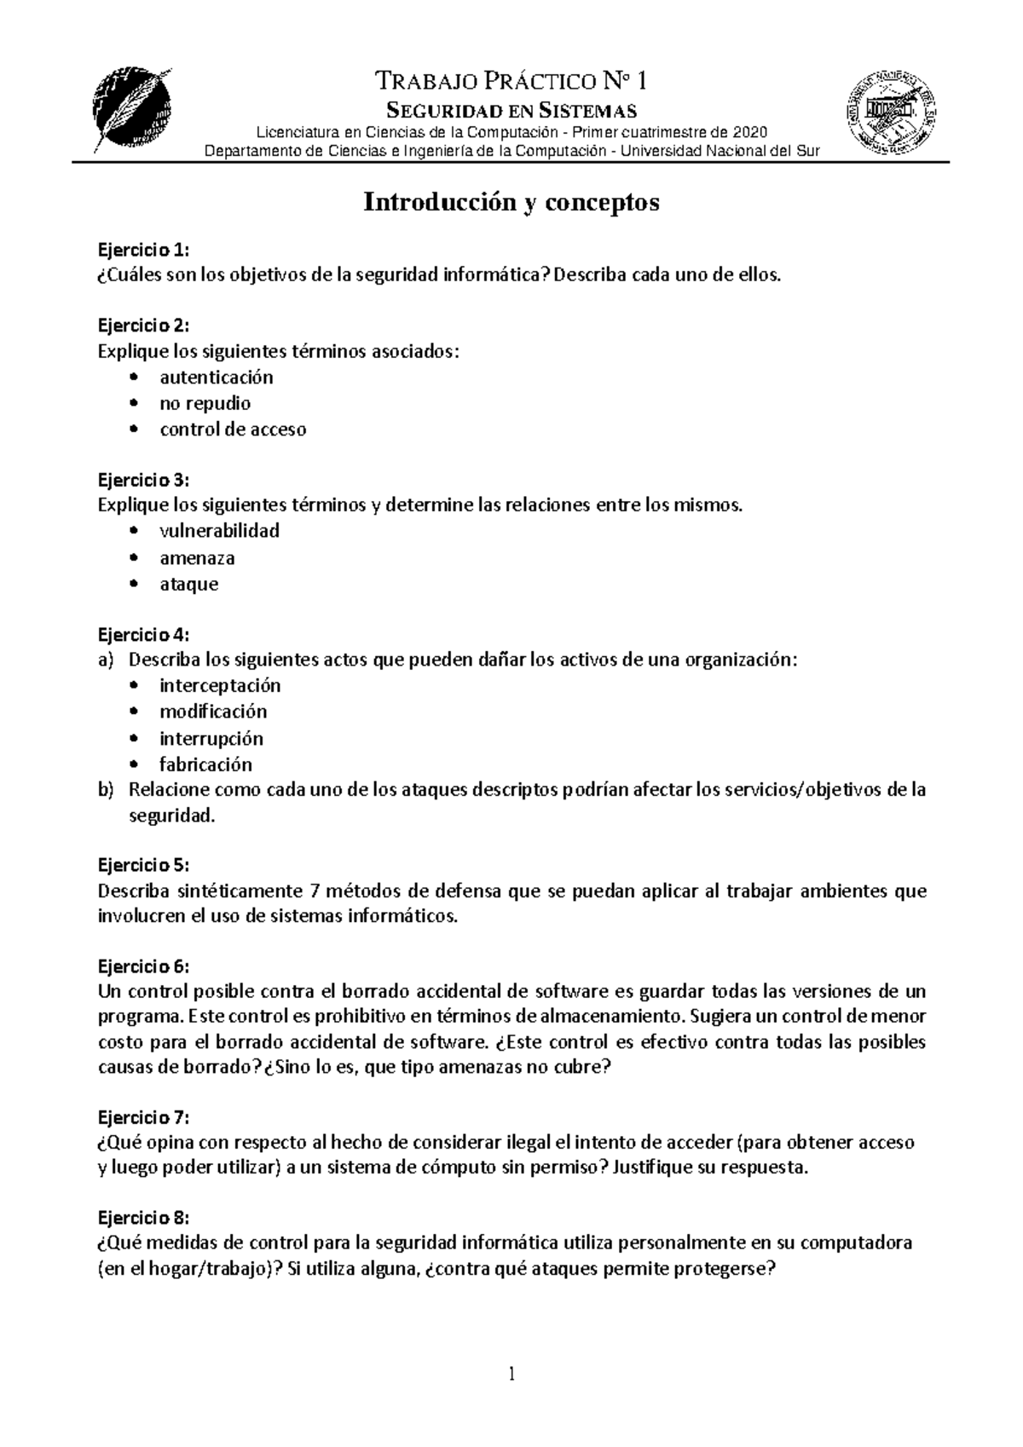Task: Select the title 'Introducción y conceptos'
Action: point(511,203)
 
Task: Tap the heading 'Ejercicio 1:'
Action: point(142,250)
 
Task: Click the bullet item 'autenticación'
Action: point(217,377)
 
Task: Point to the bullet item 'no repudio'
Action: point(205,403)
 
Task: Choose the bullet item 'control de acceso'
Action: point(233,429)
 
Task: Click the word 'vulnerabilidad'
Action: point(219,531)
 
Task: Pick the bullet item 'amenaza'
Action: point(197,558)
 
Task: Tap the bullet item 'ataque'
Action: point(188,585)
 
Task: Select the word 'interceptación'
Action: point(219,685)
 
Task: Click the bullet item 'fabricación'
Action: point(205,764)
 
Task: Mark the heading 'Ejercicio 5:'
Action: point(142,866)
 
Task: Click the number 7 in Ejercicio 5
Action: point(312,891)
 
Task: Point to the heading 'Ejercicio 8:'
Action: point(142,1217)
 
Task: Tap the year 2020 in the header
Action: point(750,132)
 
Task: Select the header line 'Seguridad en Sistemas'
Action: point(511,110)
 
